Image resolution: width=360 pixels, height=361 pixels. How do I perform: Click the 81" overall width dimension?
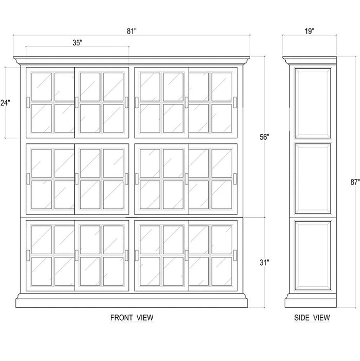pos(132,31)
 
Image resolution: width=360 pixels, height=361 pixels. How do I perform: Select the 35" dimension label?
pos(77,43)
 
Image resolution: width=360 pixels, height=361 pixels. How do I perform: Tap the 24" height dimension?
pos(5,103)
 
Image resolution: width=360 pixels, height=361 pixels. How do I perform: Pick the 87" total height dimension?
pos(354,182)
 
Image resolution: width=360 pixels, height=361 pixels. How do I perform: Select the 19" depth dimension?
pos(309,31)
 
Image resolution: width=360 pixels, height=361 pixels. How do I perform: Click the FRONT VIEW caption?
pos(132,318)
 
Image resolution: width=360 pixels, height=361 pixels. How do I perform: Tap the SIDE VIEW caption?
pos(312,318)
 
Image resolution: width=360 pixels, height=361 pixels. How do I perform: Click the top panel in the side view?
pos(312,103)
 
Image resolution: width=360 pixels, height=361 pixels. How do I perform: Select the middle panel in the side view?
pos(312,178)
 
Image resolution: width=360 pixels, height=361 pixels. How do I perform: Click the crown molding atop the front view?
pos(132,61)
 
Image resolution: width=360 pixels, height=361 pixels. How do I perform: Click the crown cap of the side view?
pos(309,60)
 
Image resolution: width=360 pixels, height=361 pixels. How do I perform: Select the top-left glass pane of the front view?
pos(41,86)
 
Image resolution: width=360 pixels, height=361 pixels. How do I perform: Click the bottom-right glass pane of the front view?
pos(222,271)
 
